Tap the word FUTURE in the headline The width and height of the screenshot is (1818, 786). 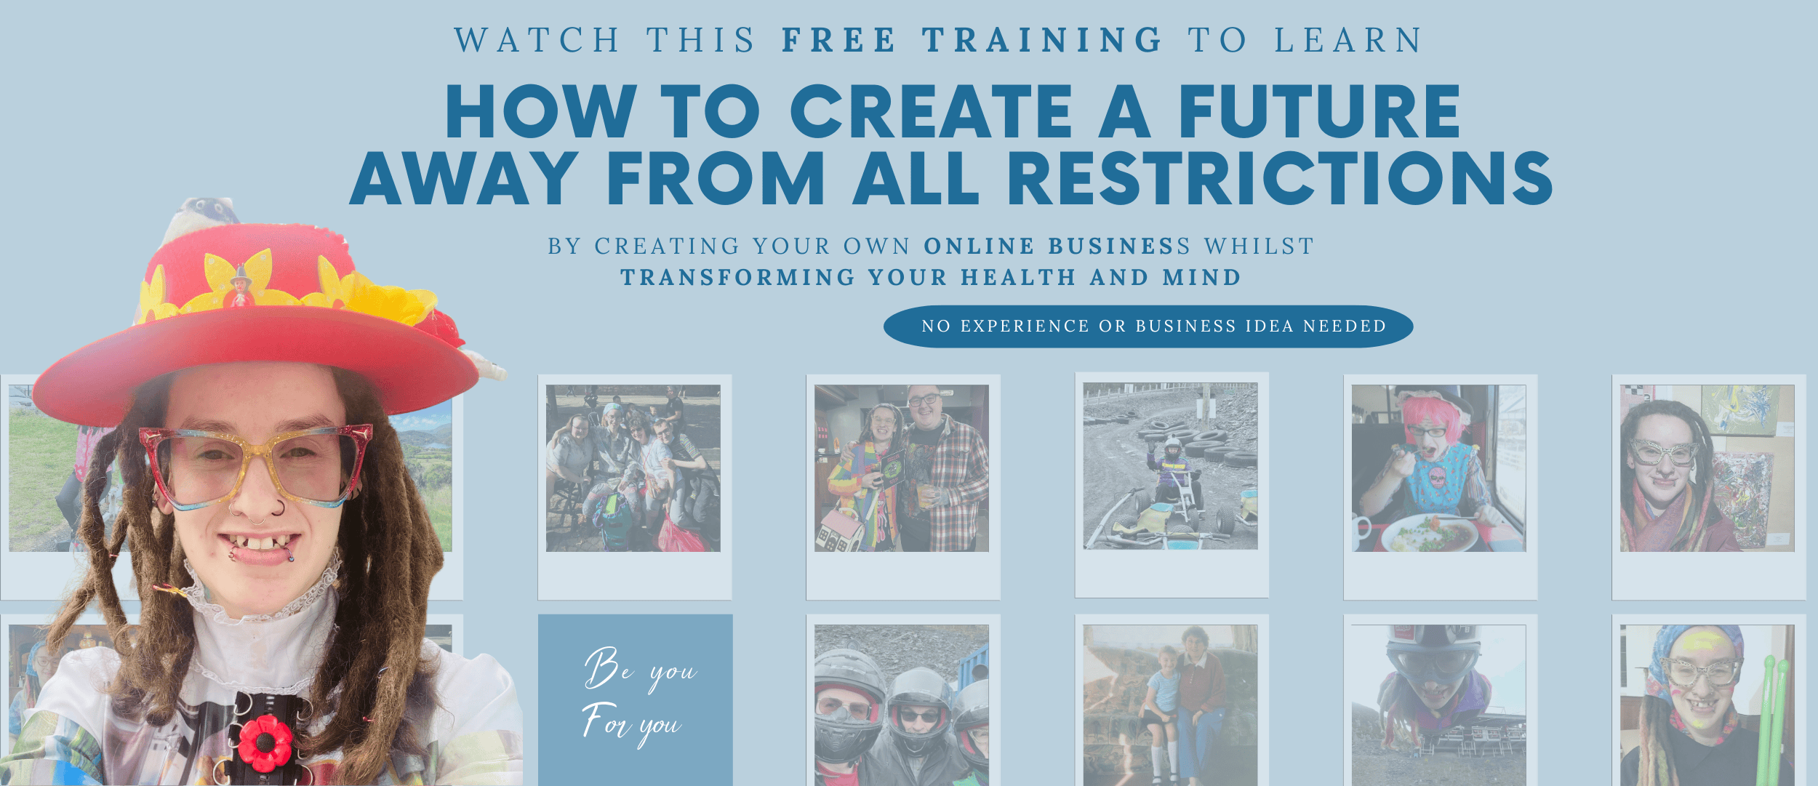tap(1319, 111)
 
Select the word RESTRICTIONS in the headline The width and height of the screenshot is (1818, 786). tap(1279, 178)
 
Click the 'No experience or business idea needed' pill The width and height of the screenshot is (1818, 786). tap(1148, 326)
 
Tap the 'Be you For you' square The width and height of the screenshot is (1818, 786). tap(635, 699)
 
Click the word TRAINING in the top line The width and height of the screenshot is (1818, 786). tap(1043, 40)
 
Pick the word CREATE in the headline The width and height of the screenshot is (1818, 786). tap(932, 111)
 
